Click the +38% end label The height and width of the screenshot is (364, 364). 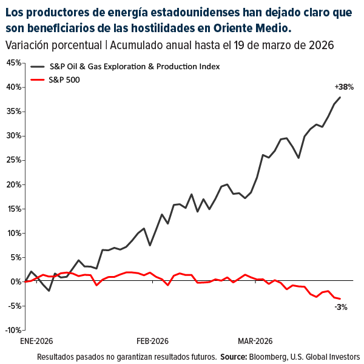click(343, 87)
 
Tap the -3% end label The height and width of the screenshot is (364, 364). click(340, 307)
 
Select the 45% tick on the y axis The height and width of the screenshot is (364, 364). click(13, 63)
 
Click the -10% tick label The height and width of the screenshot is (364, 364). click(12, 330)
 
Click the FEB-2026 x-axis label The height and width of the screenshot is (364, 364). click(152, 341)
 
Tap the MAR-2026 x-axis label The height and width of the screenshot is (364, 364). click(255, 341)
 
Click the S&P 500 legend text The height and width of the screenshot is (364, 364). click(64, 79)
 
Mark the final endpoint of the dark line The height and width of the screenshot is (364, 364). click(340, 97)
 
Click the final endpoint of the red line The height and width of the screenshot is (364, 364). click(340, 298)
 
